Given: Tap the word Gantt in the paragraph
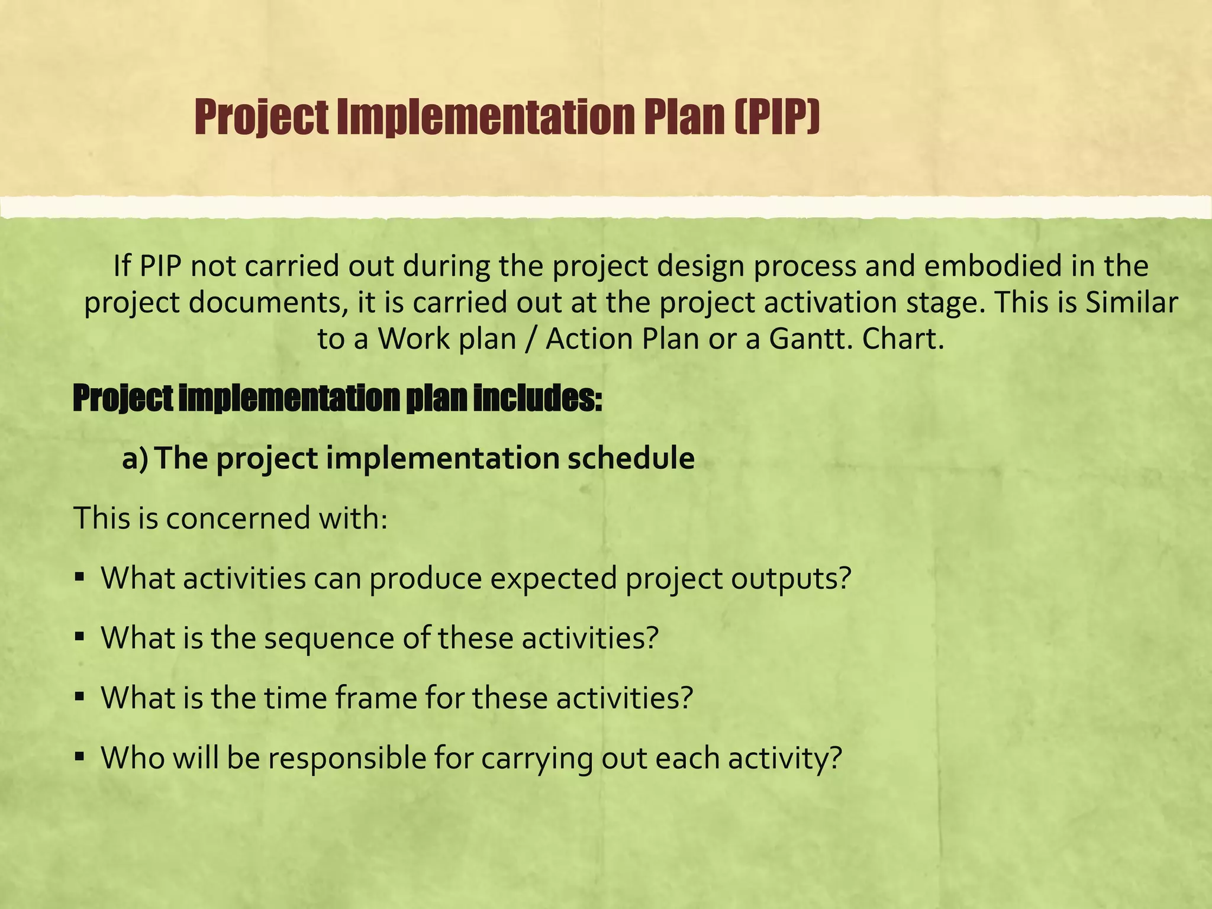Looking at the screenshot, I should (808, 339).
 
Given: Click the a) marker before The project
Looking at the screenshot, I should (135, 459).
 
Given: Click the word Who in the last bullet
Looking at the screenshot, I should (133, 757).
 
